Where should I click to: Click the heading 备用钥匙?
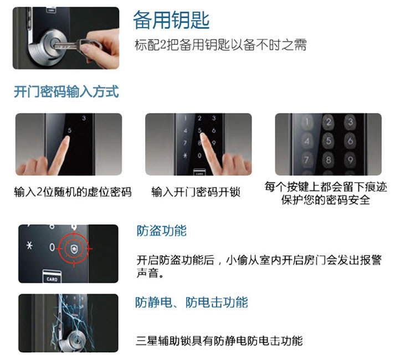click(x=171, y=20)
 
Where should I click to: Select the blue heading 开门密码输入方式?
click(x=66, y=91)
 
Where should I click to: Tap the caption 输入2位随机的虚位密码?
click(x=73, y=192)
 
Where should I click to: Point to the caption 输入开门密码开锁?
click(x=196, y=192)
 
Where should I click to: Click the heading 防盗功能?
click(x=161, y=230)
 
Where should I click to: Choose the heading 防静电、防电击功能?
click(x=191, y=302)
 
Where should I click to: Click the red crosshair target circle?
click(x=74, y=249)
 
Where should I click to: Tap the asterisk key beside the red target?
click(x=29, y=245)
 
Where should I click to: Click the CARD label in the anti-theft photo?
click(x=52, y=279)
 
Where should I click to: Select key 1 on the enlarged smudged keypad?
click(x=307, y=121)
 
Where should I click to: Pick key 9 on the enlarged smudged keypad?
click(x=350, y=160)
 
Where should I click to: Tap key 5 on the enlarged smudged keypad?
click(x=329, y=141)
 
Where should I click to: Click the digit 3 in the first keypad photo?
click(x=84, y=119)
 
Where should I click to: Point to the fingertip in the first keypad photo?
click(x=66, y=139)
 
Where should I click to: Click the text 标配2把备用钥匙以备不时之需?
click(x=221, y=45)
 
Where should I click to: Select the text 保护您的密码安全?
click(x=325, y=200)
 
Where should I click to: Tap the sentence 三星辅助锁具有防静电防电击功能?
click(x=219, y=341)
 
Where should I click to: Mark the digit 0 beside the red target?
click(x=52, y=247)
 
